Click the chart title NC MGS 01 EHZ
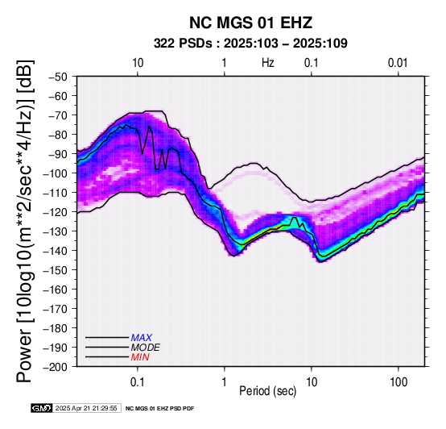click(250, 23)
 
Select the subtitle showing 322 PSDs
click(250, 44)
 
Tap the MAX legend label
click(142, 338)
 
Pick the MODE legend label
click(146, 348)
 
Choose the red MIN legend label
click(140, 357)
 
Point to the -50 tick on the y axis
click(58, 77)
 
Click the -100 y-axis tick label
click(56, 173)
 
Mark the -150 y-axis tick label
click(56, 270)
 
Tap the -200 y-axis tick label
click(56, 367)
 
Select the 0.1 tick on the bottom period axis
click(138, 381)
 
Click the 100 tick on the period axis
click(399, 381)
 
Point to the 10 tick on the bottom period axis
click(312, 381)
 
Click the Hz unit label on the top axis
click(267, 63)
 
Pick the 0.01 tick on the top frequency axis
click(398, 63)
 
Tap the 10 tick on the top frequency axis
click(138, 63)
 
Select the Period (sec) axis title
click(267, 391)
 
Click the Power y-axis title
click(25, 221)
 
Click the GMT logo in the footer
click(42, 408)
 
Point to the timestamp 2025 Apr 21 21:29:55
click(86, 408)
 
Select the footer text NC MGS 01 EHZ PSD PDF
click(160, 409)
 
